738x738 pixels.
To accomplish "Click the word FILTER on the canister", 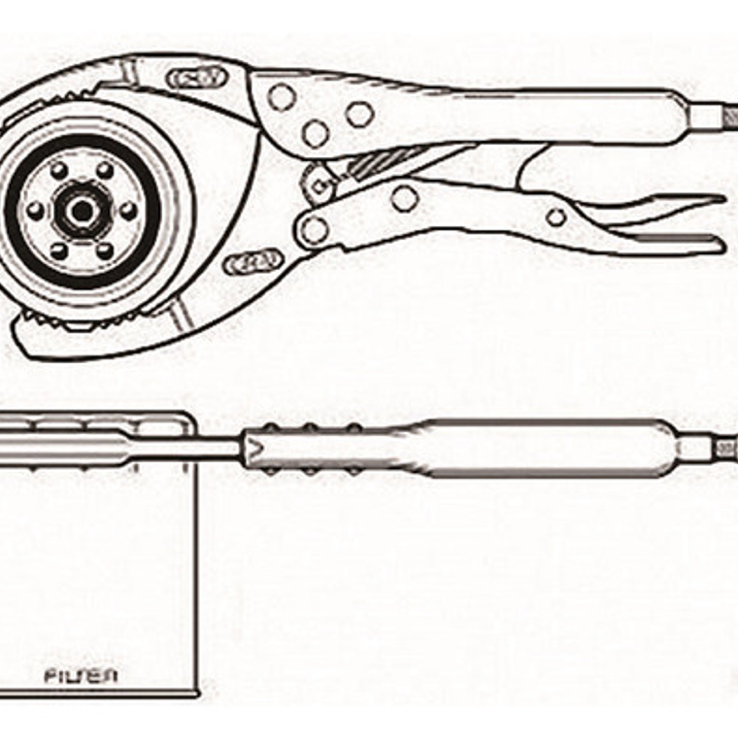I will [82, 674].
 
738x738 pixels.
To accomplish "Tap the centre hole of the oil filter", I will [82, 211].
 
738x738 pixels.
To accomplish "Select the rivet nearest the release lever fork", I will [555, 218].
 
